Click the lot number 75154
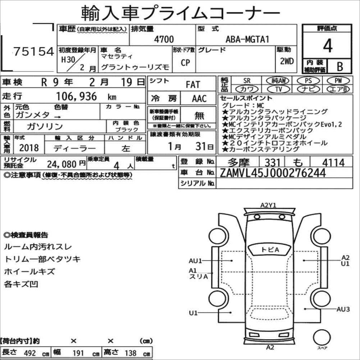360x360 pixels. point(34,51)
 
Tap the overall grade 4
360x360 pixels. point(328,46)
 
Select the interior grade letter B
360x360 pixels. point(340,66)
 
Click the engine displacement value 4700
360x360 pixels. point(164,39)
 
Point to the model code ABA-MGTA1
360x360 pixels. point(247,39)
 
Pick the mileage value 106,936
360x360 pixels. point(77,96)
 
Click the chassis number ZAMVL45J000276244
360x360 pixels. point(273,173)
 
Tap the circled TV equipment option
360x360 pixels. point(278,89)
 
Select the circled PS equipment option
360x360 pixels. point(308,80)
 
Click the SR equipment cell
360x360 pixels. point(247,80)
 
